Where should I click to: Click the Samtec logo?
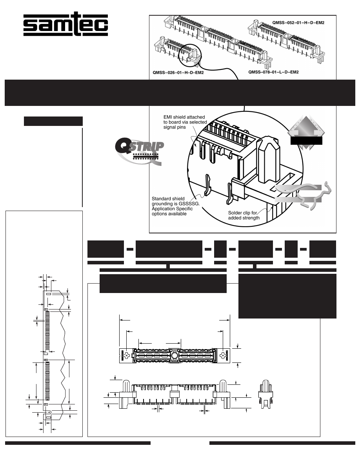[x=65, y=26]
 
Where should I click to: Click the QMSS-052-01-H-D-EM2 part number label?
[x=298, y=23]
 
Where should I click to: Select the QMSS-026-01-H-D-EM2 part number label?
[x=178, y=73]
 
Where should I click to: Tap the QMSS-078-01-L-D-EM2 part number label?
[x=273, y=72]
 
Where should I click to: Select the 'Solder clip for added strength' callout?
[x=244, y=215]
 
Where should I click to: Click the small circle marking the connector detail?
[x=189, y=55]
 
